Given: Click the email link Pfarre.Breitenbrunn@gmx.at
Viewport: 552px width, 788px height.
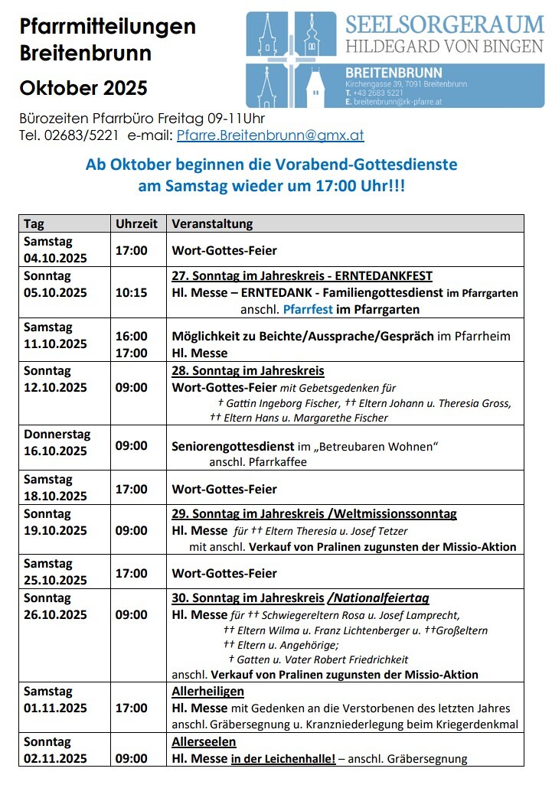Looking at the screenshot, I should (270, 135).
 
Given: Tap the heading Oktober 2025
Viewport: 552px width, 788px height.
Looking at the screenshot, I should (83, 87).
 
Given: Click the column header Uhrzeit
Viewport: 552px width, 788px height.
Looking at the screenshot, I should (136, 223).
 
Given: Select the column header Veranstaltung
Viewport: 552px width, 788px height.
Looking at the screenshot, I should (212, 223).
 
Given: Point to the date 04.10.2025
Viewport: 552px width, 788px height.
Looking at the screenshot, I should (55, 258).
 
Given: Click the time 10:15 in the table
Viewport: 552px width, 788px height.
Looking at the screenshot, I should (131, 292).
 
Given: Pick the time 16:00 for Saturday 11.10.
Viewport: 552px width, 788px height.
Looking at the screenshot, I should (131, 336).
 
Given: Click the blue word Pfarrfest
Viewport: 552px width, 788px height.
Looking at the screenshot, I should (307, 310).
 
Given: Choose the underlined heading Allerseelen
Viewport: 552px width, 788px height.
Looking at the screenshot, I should (204, 742).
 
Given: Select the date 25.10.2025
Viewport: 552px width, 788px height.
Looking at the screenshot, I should (55, 581).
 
